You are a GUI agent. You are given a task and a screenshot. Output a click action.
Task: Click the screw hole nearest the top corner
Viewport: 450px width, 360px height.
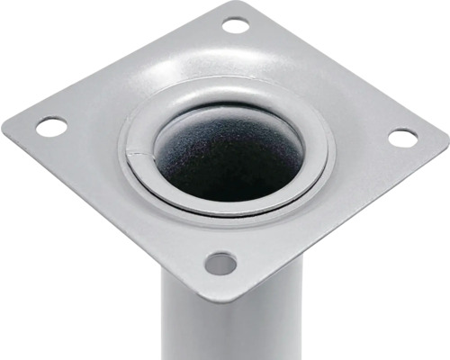tap(235, 25)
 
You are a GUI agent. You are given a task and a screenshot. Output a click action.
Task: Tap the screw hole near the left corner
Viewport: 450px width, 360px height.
tap(51, 127)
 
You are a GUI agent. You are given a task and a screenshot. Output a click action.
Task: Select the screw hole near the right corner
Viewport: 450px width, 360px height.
tap(402, 138)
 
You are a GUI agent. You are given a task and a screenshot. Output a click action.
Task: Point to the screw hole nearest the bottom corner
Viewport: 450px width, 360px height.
tap(220, 264)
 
